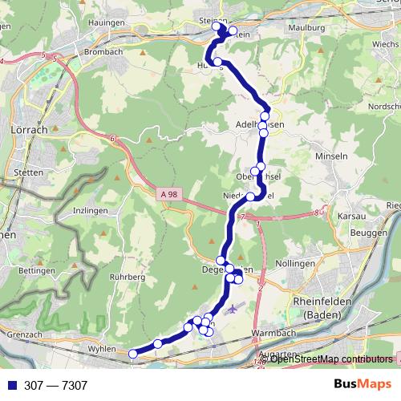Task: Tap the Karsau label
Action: (x=350, y=216)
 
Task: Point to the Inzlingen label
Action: (x=91, y=211)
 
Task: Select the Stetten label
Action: (x=29, y=173)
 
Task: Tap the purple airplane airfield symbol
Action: (x=233, y=308)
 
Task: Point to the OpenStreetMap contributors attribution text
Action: (x=331, y=358)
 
